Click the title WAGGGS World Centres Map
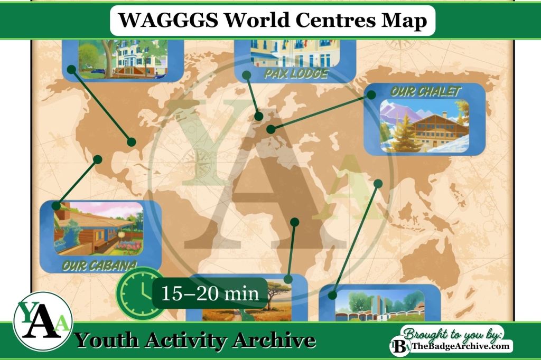click(x=272, y=21)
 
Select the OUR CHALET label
click(x=425, y=91)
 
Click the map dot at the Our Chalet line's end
click(x=270, y=129)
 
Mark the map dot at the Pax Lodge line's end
click(x=259, y=117)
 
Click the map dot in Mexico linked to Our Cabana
click(x=97, y=158)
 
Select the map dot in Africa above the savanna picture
click(x=295, y=222)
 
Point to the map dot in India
click(x=378, y=183)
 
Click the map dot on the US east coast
click(x=131, y=141)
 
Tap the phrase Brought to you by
click(x=452, y=333)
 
